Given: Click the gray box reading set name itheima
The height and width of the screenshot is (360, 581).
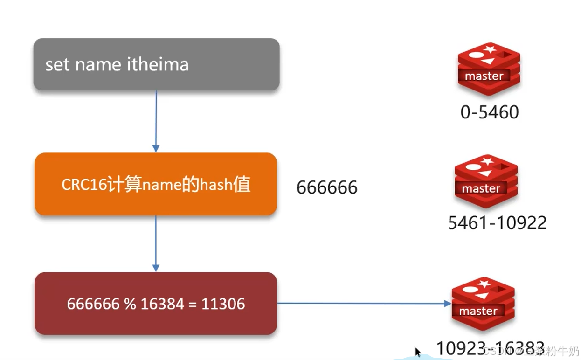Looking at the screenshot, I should coord(156,64).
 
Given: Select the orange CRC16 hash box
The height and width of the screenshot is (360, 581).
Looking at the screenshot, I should coord(156,184).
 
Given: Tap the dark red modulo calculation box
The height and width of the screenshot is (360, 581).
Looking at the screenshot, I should coord(156,304).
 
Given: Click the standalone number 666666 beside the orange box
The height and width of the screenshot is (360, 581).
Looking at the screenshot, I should coord(327,187).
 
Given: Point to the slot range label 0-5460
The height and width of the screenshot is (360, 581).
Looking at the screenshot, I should coord(489,112).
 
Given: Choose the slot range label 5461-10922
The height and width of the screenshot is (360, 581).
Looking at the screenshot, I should coord(497,223).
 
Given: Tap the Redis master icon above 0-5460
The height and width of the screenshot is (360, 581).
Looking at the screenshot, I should coord(489,68).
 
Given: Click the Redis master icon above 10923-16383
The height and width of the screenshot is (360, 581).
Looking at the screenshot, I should coord(483,304).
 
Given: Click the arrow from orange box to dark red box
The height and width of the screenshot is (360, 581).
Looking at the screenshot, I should coord(156,243).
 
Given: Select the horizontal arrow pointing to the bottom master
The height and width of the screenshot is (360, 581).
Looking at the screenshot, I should coord(364,303).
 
